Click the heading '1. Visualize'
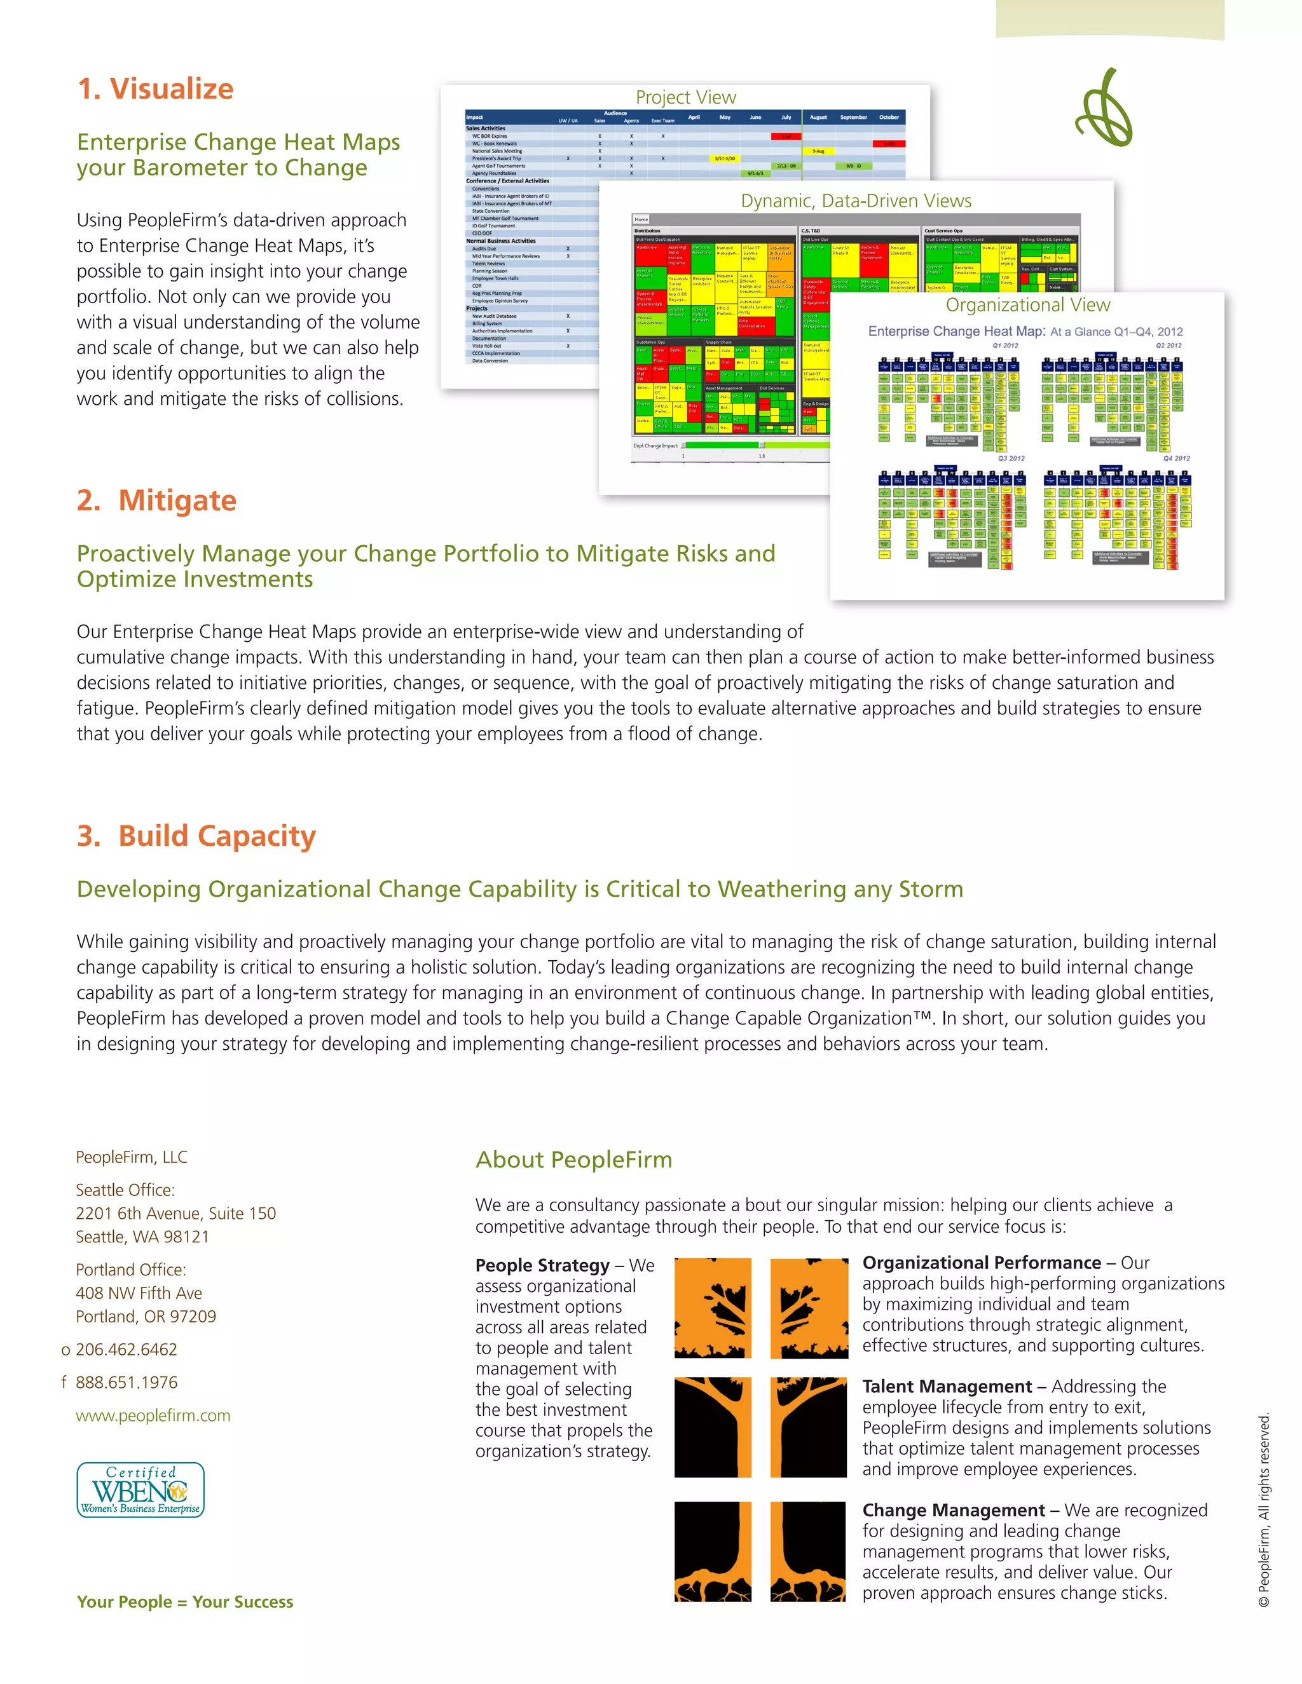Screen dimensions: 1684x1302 [x=155, y=89]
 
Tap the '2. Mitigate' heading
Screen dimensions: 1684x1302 [x=156, y=500]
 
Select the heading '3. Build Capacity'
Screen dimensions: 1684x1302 [x=196, y=836]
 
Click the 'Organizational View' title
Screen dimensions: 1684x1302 [x=1027, y=305]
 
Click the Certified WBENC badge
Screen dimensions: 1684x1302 [x=140, y=1490]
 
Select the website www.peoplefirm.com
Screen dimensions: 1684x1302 [x=153, y=1415]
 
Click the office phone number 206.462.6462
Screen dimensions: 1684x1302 [x=127, y=1349]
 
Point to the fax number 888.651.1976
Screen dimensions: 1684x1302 [x=127, y=1383]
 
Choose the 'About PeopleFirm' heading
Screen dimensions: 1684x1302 [x=574, y=1160]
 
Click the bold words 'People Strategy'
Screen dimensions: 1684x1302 [x=542, y=1265]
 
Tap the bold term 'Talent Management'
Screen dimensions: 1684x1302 [x=947, y=1387]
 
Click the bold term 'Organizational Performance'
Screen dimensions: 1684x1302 [x=981, y=1262]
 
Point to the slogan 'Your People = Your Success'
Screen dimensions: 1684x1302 [x=185, y=1601]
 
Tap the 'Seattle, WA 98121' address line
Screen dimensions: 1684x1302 [x=142, y=1237]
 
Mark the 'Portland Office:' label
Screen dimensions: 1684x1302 [x=130, y=1270]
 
